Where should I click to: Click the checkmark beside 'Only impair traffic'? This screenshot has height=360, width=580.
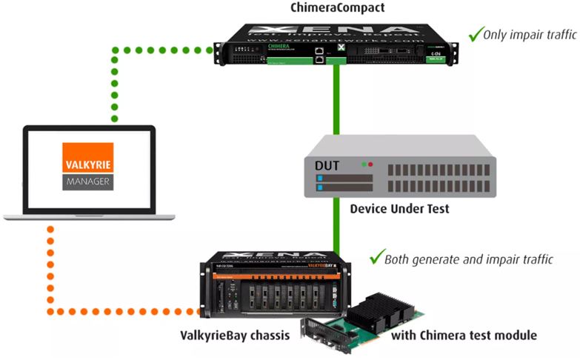(475, 33)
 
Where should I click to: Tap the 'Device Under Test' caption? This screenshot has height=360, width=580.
(399, 209)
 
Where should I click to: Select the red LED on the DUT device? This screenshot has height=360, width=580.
(370, 163)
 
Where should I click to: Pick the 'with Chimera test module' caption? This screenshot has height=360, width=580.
(464, 335)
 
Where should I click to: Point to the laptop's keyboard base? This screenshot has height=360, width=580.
(89, 216)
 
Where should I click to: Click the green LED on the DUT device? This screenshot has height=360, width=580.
(362, 163)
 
